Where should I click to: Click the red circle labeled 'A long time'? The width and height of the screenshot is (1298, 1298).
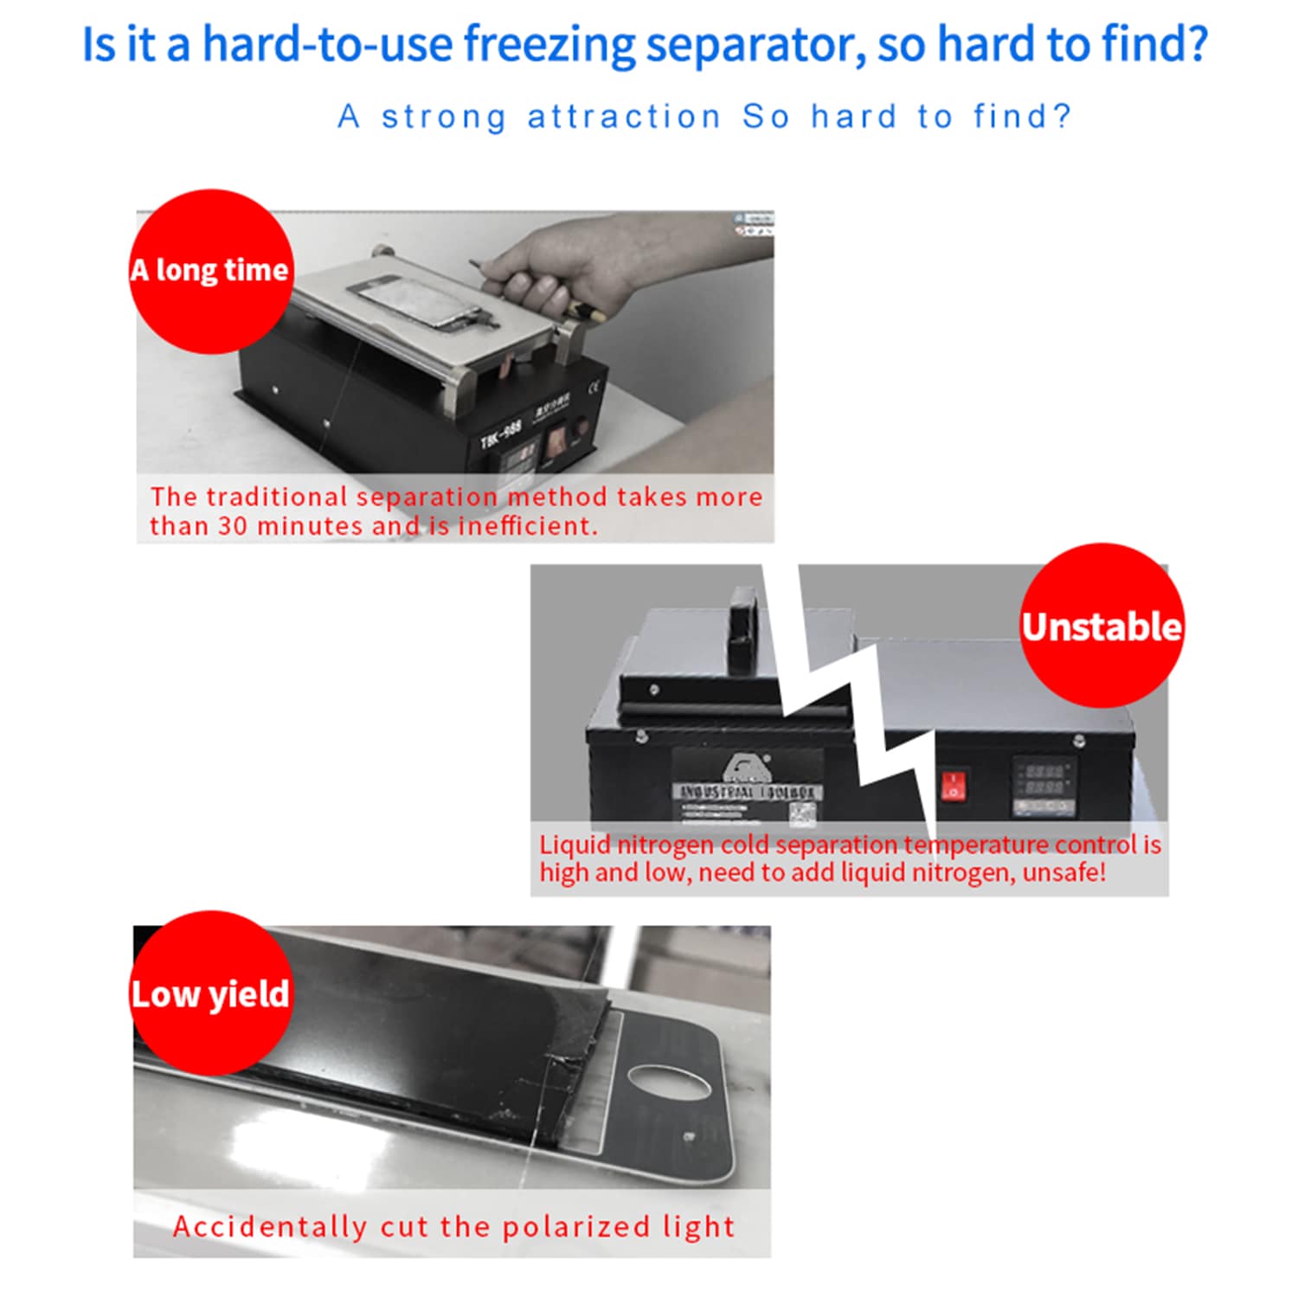click(x=210, y=271)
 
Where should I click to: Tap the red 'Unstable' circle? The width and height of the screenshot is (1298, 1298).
click(x=1102, y=626)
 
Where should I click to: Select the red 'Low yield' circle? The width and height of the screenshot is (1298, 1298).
click(x=210, y=993)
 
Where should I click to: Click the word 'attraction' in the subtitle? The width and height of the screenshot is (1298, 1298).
click(x=624, y=117)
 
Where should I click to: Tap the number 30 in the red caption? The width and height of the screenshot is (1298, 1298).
click(x=231, y=526)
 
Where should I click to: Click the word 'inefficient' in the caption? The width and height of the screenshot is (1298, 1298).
click(x=527, y=526)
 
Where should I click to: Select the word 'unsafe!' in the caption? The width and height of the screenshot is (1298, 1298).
click(x=1063, y=872)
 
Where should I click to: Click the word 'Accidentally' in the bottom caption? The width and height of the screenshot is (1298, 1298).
click(x=269, y=1226)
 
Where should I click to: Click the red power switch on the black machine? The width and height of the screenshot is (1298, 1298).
click(x=953, y=786)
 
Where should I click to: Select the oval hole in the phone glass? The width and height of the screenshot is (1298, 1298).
click(x=669, y=1083)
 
